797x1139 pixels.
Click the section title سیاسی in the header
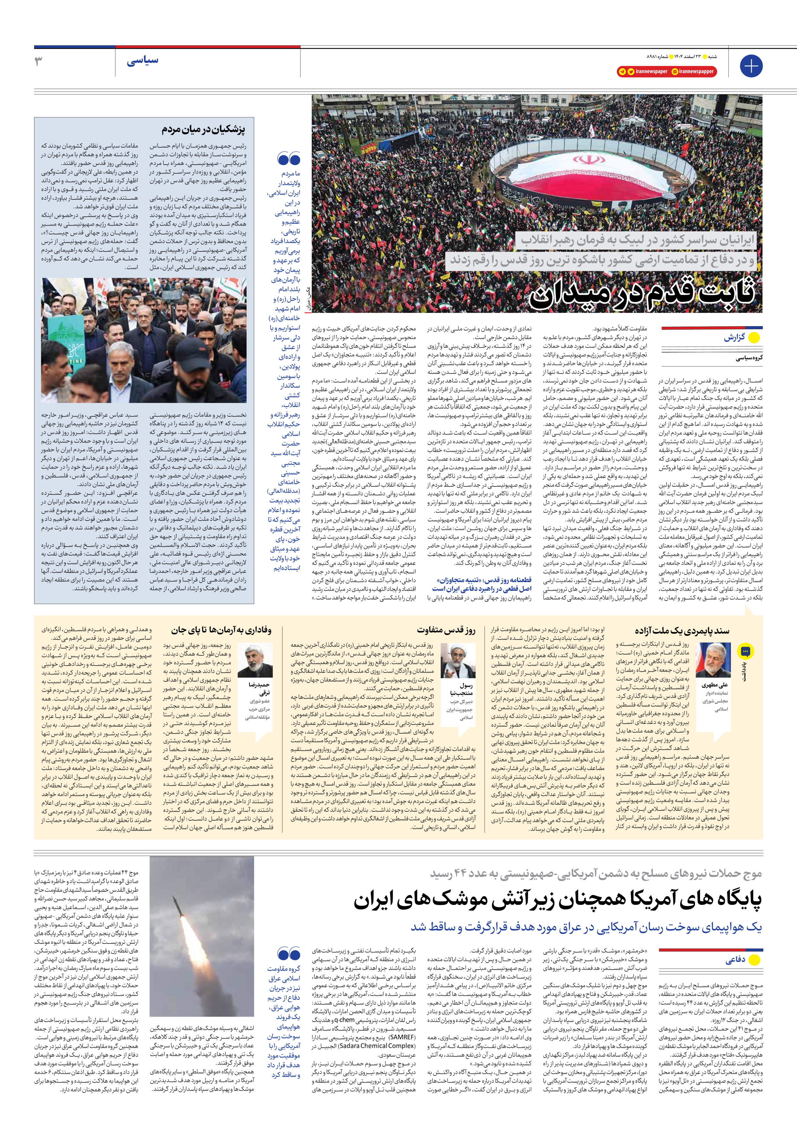[142, 61]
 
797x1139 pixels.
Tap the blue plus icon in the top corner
[750, 66]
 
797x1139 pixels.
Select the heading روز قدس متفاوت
[446, 631]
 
